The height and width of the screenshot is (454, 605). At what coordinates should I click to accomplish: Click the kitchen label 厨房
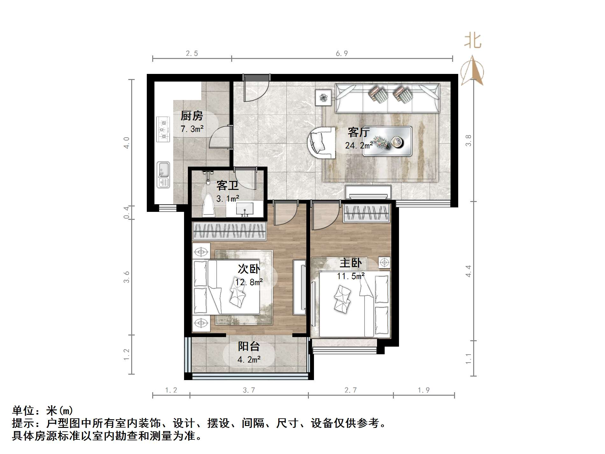192,116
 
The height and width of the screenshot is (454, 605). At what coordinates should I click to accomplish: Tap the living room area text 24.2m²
359,146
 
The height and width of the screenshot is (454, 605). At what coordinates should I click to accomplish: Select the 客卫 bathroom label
227,185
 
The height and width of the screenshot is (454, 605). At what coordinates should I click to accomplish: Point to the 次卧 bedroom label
249,269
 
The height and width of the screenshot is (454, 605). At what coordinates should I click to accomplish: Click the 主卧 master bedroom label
351,263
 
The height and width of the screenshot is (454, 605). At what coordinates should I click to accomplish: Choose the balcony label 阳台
249,346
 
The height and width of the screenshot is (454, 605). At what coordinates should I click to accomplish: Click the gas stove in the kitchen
163,129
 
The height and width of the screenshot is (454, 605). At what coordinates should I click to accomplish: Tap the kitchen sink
163,175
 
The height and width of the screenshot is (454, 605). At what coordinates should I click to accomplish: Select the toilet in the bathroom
209,205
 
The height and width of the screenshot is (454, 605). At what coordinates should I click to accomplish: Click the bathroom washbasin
245,209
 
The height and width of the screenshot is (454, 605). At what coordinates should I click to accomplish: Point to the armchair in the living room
322,142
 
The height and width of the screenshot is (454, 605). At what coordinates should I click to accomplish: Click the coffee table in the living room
388,141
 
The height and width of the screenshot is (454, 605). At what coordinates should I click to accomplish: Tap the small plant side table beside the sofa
324,97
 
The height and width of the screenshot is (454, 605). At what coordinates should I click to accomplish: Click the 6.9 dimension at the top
342,54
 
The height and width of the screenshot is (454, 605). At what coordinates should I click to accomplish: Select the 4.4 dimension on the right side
468,271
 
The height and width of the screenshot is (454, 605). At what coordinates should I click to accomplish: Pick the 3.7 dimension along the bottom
249,390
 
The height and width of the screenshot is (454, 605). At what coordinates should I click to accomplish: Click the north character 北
473,41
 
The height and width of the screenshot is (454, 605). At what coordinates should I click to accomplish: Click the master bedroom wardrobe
366,213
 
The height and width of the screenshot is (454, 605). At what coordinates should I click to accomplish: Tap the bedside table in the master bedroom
384,263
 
